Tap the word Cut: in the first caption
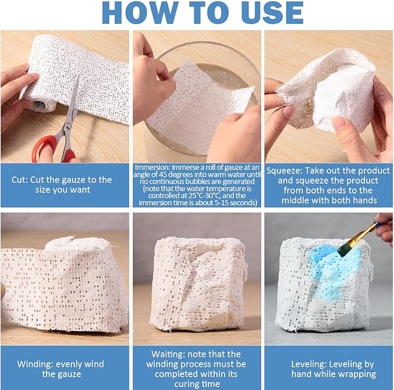pyautogui.click(x=20, y=180)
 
